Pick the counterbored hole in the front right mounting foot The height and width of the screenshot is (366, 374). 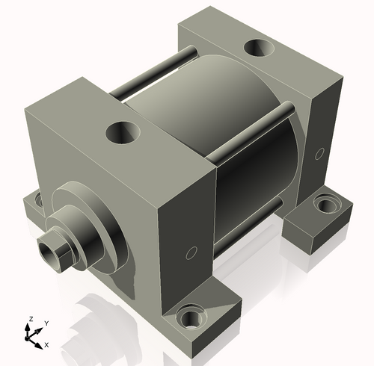[190, 319]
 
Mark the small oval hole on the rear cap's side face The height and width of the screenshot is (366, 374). [319, 153]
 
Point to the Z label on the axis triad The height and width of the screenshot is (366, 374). [30, 319]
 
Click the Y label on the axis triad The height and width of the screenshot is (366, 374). [46, 323]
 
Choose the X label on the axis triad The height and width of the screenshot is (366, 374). [46, 344]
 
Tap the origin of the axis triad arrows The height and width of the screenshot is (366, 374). [31, 338]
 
